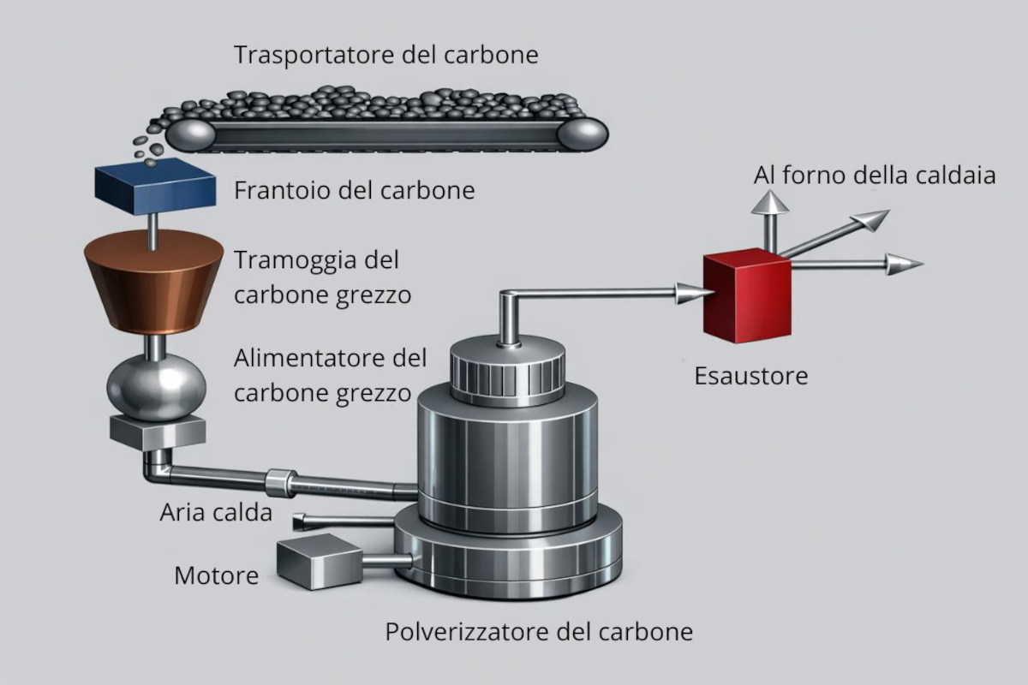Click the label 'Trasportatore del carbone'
pyautogui.click(x=386, y=56)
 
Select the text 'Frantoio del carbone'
pyautogui.click(x=354, y=189)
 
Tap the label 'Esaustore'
pyautogui.click(x=750, y=376)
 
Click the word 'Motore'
pyautogui.click(x=216, y=575)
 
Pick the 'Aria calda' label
pyautogui.click(x=216, y=513)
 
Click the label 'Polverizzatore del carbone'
pyautogui.click(x=539, y=633)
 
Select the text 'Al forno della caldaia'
pyautogui.click(x=875, y=176)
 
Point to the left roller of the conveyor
pyautogui.click(x=190, y=134)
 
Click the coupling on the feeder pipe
pyautogui.click(x=280, y=482)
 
